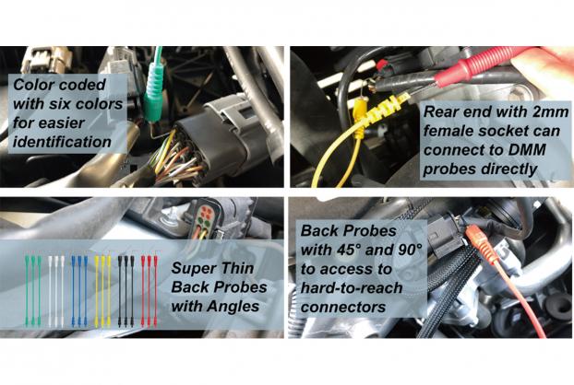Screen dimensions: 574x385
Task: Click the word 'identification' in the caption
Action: [x=62, y=142]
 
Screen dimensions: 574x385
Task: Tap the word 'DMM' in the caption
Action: [x=527, y=150]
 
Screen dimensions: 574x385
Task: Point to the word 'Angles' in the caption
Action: [x=238, y=306]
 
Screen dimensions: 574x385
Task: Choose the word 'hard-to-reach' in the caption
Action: [x=352, y=288]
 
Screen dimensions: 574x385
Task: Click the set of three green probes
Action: [x=33, y=291]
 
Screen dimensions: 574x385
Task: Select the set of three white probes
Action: [x=56, y=291]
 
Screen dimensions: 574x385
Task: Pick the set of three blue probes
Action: [x=79, y=291]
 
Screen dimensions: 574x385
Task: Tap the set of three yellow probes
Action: [x=102, y=291]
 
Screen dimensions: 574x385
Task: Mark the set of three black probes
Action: [x=126, y=291]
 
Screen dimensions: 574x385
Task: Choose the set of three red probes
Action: [x=149, y=291]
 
